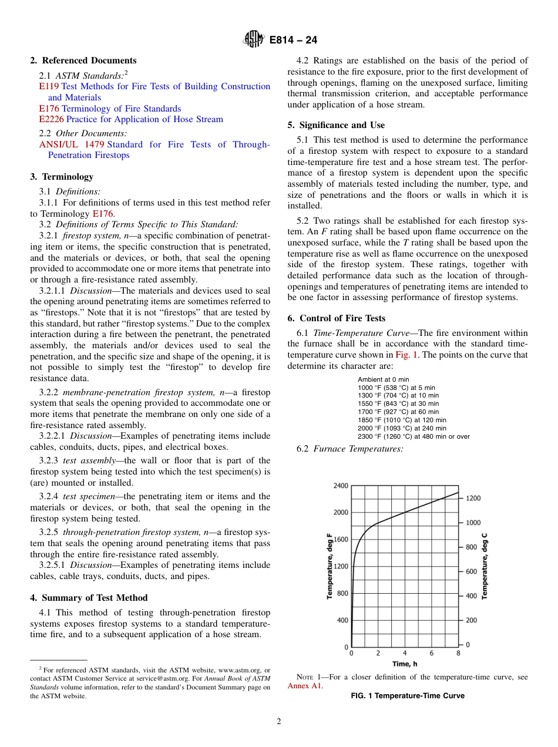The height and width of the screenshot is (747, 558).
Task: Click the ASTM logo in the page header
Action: [254, 39]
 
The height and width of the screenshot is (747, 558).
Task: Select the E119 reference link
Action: [47, 86]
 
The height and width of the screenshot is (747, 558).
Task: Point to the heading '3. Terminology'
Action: [62, 177]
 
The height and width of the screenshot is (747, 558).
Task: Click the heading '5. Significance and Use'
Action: [336, 125]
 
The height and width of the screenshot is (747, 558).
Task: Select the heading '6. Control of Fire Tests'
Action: [336, 318]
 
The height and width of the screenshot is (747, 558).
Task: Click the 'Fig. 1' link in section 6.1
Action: [406, 355]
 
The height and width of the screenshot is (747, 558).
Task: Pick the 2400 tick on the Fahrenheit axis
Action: [341, 486]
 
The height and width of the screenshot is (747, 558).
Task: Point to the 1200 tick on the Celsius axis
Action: [473, 498]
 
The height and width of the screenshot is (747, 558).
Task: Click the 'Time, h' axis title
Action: [405, 664]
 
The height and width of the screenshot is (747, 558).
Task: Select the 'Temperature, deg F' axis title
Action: [330, 566]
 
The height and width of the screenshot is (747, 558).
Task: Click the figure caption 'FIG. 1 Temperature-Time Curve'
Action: [407, 696]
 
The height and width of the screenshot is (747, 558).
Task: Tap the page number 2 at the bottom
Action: [279, 722]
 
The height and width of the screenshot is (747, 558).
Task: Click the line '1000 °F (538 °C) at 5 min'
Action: [396, 388]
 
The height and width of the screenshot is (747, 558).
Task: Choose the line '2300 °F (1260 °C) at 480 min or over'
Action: [414, 436]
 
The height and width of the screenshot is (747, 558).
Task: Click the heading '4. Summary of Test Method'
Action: [89, 598]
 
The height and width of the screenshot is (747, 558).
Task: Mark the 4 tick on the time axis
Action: [405, 653]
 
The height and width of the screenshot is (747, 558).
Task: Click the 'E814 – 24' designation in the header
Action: [293, 40]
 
